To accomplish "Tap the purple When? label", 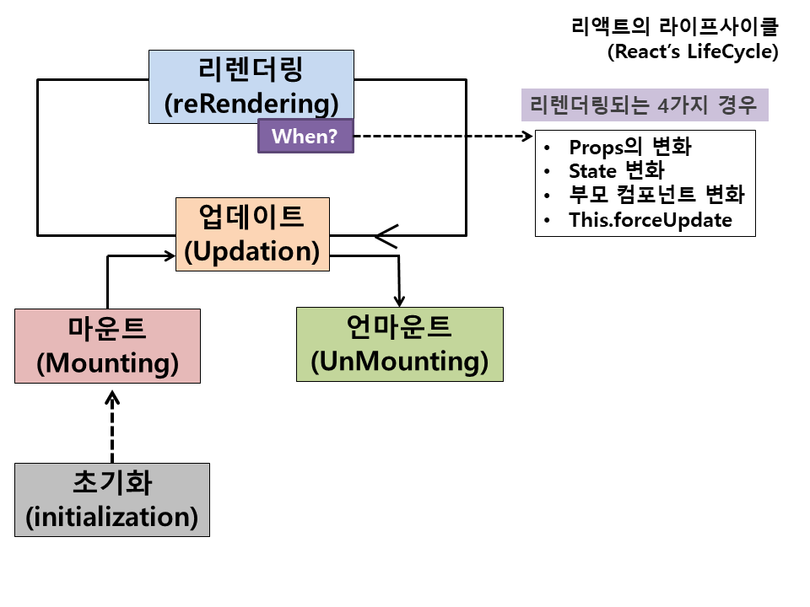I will click(x=305, y=137).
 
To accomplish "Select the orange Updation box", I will click(x=251, y=234).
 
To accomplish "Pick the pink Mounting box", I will click(x=108, y=346).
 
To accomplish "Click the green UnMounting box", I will click(x=400, y=344).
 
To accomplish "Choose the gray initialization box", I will click(x=112, y=500).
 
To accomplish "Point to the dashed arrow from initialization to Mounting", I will click(x=112, y=426).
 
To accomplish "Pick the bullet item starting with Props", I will click(x=629, y=148).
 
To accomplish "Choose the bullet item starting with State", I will click(x=616, y=172).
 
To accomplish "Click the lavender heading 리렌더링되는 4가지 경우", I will click(x=644, y=106).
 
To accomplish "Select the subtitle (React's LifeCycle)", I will click(x=692, y=51).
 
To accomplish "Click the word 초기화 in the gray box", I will click(x=112, y=483).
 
